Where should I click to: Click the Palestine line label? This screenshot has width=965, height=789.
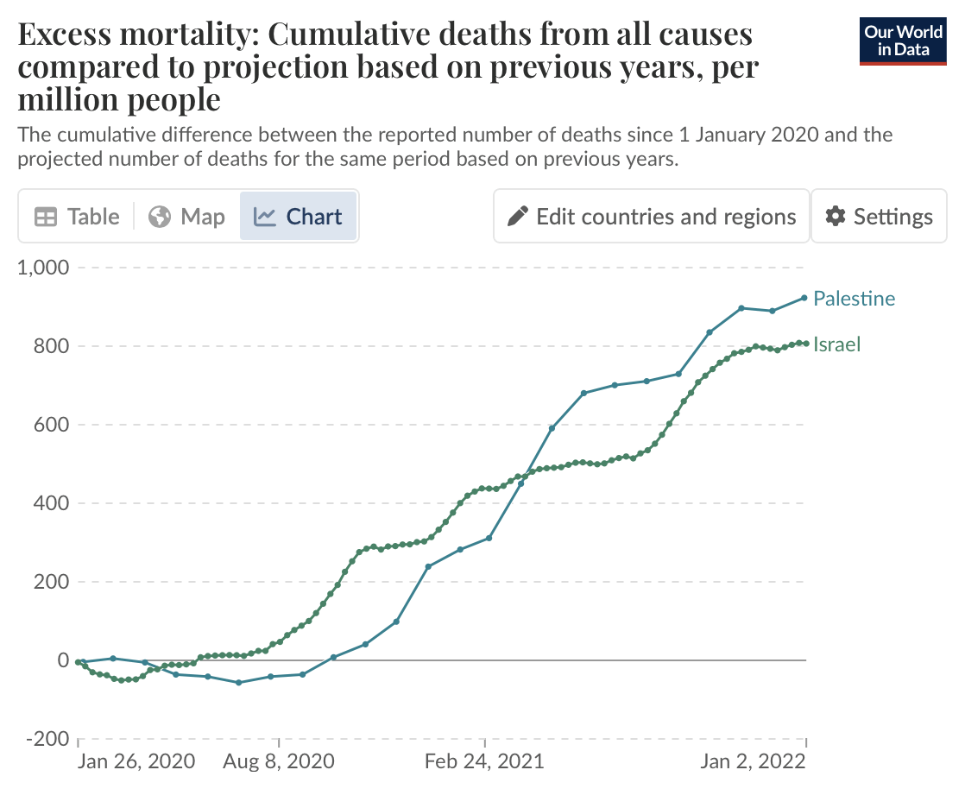coord(855,299)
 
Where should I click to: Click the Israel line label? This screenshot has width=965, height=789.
coord(837,345)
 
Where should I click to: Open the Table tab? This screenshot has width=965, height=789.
coord(77,217)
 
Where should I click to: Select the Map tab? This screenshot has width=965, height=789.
coord(186,217)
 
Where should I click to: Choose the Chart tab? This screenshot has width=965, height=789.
coord(299,217)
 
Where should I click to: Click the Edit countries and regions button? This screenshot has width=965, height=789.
coord(652,217)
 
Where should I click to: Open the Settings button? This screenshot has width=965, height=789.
coord(880,217)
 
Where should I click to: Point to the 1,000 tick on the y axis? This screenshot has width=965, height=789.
coord(43,268)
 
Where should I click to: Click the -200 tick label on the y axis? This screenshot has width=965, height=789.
coord(47,739)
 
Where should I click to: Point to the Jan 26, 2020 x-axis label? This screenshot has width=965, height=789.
coord(136,762)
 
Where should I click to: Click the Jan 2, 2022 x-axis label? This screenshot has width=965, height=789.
coord(752,762)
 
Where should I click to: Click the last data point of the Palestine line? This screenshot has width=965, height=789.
coord(804,298)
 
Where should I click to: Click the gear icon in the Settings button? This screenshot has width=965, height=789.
coord(835,217)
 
